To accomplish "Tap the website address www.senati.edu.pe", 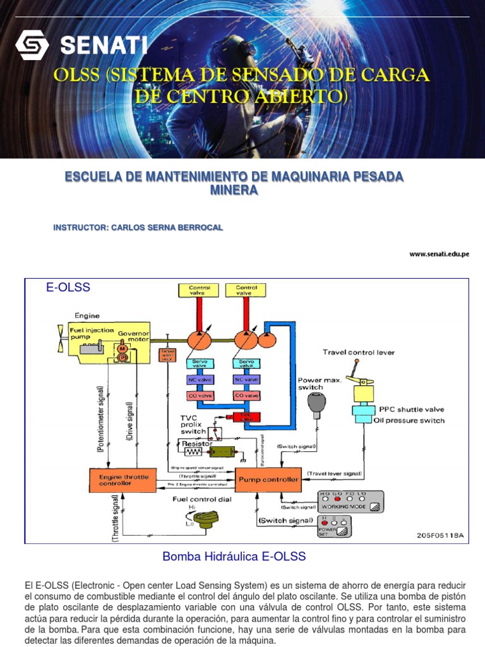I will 439,254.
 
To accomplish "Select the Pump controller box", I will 268,479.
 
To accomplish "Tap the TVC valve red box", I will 242,416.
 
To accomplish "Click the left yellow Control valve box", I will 195,291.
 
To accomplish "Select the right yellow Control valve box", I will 247,291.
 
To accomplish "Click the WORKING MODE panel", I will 351,501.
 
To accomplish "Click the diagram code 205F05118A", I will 440,535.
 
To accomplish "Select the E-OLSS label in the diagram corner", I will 68,287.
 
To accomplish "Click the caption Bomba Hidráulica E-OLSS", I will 234,557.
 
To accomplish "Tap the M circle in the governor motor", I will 121,348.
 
